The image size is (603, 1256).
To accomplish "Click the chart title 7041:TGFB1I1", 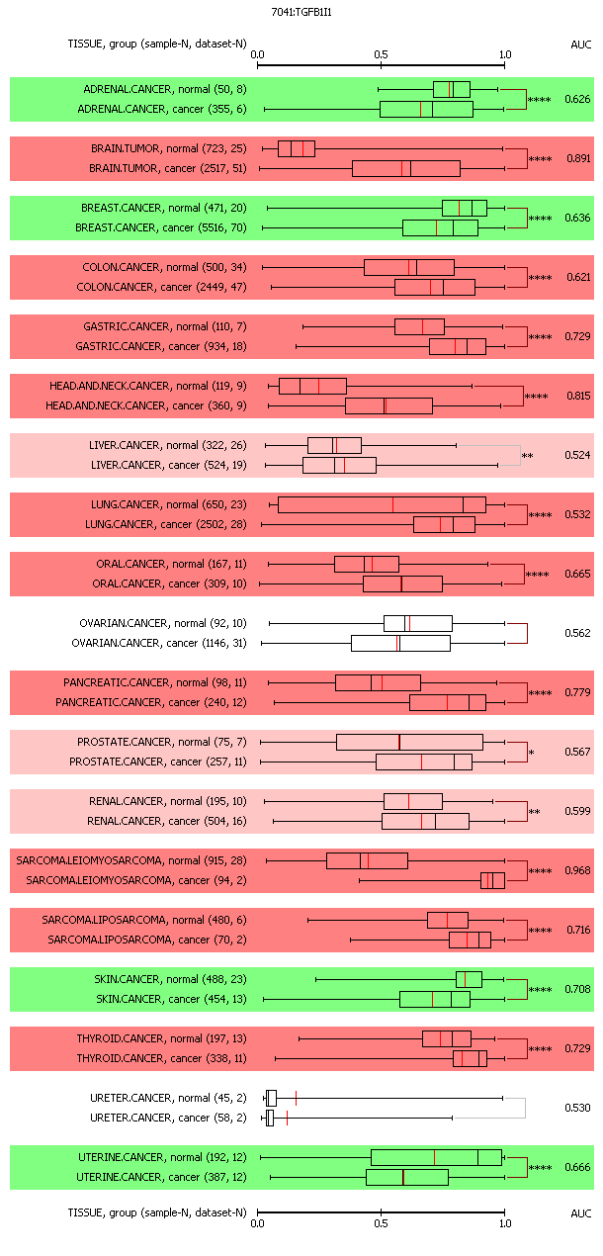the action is click(301, 12).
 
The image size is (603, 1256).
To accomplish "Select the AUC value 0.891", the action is click(578, 158).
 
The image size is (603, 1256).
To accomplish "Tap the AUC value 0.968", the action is click(577, 870).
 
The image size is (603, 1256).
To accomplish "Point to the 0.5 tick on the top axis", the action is click(382, 65).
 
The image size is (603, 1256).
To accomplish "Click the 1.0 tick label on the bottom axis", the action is click(505, 1223).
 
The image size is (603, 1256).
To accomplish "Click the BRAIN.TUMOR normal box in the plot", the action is click(297, 148).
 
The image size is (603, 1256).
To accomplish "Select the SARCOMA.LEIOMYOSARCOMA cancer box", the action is click(492, 880).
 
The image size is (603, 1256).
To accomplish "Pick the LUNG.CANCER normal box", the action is click(382, 504).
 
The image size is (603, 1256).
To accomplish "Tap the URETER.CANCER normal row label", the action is click(168, 1098).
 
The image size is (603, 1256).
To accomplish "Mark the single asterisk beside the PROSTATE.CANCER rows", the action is click(531, 753).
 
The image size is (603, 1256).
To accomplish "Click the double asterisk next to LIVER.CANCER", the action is click(527, 456).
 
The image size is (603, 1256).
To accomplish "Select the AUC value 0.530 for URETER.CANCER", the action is click(577, 1108).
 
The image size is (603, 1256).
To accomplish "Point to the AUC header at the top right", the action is click(580, 45).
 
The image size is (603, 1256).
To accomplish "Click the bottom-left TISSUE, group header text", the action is click(157, 1212).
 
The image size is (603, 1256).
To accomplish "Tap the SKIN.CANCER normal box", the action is click(470, 979).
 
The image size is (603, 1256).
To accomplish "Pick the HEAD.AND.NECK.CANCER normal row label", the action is click(148, 386).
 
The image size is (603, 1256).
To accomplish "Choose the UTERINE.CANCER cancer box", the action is click(407, 1177).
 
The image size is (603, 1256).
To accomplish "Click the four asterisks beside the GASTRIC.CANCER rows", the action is click(541, 337).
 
